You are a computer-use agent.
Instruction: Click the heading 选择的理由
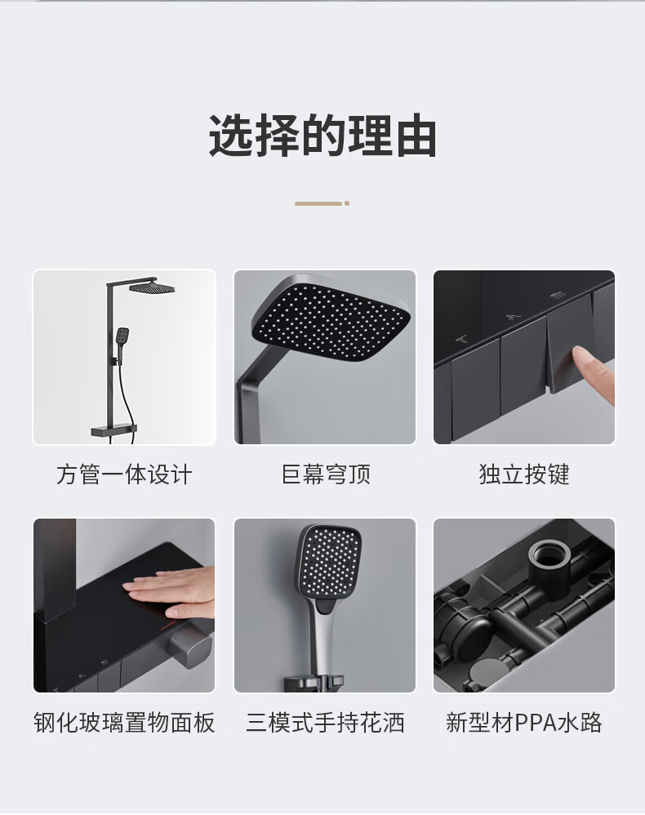tap(322, 136)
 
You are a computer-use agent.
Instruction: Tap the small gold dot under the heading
tap(347, 203)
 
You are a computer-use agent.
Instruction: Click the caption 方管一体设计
tap(124, 474)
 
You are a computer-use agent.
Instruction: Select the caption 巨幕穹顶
tap(326, 474)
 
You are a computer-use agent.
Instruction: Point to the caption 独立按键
tap(524, 474)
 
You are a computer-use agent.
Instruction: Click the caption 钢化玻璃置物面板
tap(124, 723)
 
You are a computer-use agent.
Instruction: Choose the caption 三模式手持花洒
tap(326, 723)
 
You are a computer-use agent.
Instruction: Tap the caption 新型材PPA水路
tap(524, 723)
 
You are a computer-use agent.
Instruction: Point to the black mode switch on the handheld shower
tap(326, 606)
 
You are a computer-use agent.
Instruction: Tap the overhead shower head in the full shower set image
tap(151, 287)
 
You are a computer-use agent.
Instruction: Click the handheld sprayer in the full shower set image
tap(122, 338)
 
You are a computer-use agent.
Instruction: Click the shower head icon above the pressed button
tap(557, 296)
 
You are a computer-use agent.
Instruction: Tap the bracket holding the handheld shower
tap(314, 683)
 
